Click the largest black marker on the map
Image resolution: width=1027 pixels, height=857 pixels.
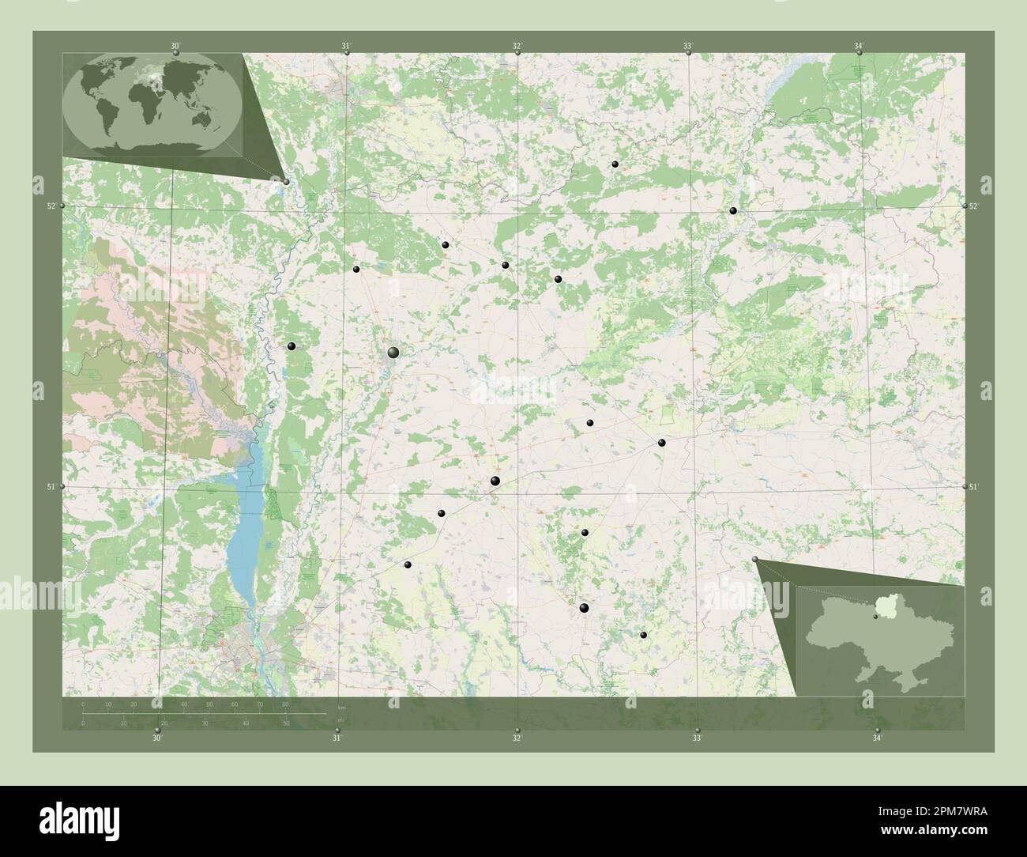[393, 352]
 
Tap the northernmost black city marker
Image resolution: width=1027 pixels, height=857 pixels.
[615, 164]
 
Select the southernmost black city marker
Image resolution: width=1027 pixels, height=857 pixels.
[644, 635]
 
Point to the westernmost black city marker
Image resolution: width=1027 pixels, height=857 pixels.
[292, 345]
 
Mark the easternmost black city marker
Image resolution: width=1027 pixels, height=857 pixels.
[734, 210]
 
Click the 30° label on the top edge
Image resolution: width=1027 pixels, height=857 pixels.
[175, 46]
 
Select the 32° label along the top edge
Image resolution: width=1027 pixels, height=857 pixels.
[517, 46]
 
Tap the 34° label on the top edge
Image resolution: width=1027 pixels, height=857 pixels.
[859, 46]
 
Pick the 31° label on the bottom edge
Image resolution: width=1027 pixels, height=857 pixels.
[337, 738]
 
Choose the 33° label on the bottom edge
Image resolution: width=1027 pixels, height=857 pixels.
[697, 738]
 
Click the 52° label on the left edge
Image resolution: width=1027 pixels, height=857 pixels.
[51, 206]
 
